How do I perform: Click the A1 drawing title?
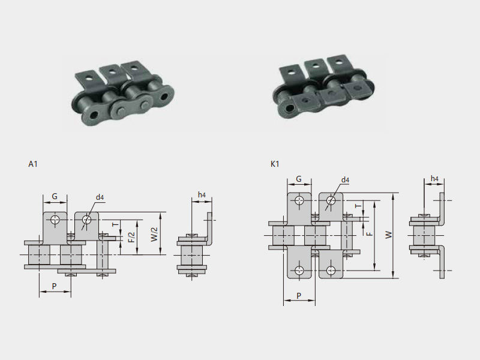pyautogui.click(x=33, y=164)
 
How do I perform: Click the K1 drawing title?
pyautogui.click(x=275, y=164)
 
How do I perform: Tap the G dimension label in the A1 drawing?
pyautogui.click(x=55, y=196)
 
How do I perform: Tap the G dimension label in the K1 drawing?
pyautogui.click(x=299, y=179)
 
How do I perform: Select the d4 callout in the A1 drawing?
pyautogui.click(x=100, y=197)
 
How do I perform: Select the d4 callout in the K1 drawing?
pyautogui.click(x=345, y=180)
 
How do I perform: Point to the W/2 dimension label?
pyautogui.click(x=155, y=234)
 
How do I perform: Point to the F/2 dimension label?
pyautogui.click(x=131, y=237)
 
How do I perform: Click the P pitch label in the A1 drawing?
pyautogui.click(x=54, y=286)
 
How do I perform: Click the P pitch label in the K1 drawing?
pyautogui.click(x=299, y=296)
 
